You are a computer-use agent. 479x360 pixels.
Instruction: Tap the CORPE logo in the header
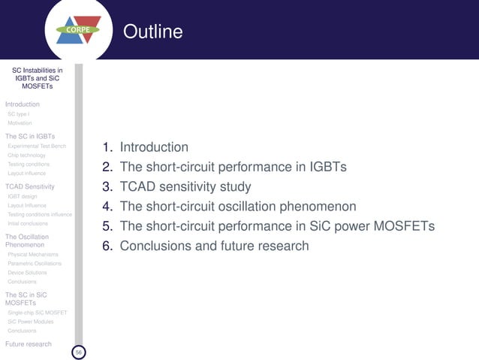tap(79, 30)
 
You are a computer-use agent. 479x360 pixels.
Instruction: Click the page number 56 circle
tap(78, 352)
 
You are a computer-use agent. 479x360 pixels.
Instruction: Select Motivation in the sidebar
tap(20, 123)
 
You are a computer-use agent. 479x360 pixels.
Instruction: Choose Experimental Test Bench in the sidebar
tap(37, 146)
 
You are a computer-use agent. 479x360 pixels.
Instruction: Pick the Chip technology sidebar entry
tap(26, 155)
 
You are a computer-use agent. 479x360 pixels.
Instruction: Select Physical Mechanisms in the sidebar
tap(33, 255)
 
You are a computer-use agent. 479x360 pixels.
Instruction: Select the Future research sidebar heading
tap(29, 344)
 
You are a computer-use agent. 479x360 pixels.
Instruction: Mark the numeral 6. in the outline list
tap(108, 245)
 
